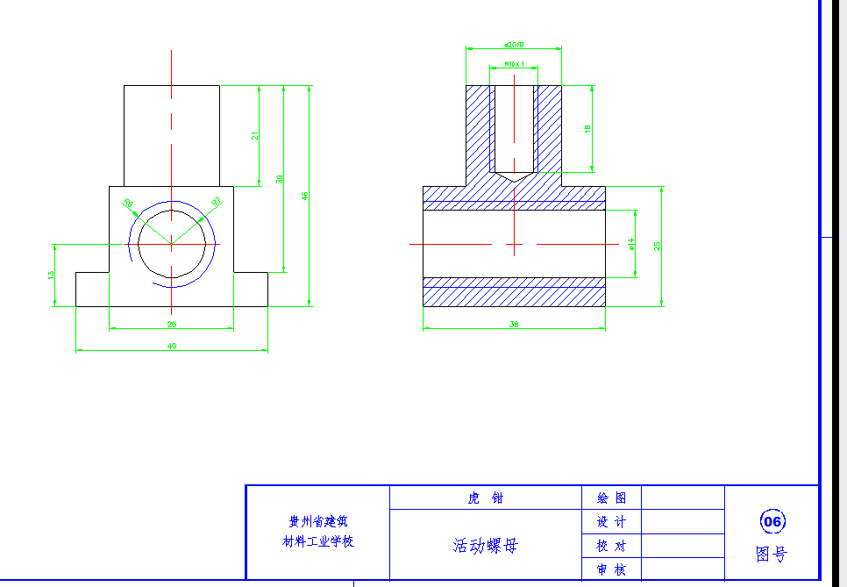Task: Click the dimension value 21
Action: (255, 135)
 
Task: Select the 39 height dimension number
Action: (280, 179)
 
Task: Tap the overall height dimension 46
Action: (305, 196)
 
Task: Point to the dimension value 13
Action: (51, 275)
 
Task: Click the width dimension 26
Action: (172, 324)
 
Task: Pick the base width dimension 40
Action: (172, 346)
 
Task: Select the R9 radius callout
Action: (128, 204)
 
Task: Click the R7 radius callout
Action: (217, 203)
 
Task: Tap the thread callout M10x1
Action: (514, 64)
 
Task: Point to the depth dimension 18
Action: (587, 129)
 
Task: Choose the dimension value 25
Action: (657, 246)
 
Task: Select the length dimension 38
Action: (514, 325)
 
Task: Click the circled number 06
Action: (772, 522)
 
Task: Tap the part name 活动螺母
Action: (485, 546)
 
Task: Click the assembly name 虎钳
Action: (485, 498)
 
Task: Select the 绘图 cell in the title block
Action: (611, 498)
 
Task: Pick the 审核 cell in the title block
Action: (611, 569)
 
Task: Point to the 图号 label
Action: (772, 555)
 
